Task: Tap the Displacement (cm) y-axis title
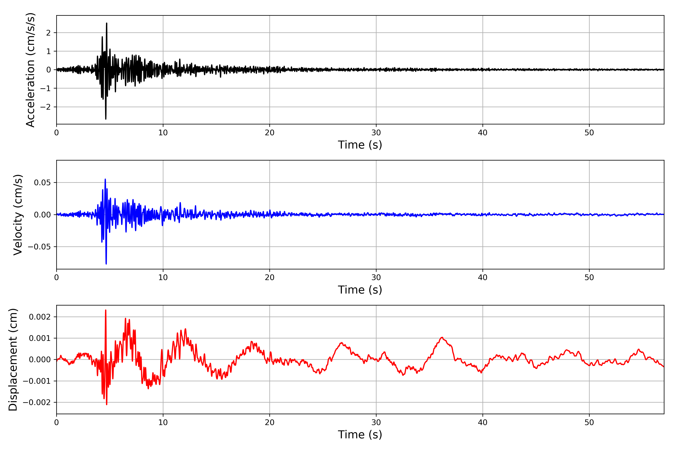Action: (13, 359)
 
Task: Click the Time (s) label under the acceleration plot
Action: (360, 145)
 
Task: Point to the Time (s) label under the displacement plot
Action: (360, 434)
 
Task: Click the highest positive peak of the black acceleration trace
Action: (107, 23)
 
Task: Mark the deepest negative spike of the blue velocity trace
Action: (106, 264)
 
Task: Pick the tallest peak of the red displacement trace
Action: (106, 310)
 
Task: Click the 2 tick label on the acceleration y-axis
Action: (48, 33)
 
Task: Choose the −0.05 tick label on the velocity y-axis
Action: (39, 247)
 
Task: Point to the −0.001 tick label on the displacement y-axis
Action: (37, 381)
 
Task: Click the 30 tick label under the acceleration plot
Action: (376, 133)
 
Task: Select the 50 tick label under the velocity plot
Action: (589, 277)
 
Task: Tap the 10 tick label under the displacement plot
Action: (163, 422)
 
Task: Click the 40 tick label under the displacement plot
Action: (483, 422)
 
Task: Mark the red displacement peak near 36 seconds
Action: (442, 338)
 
